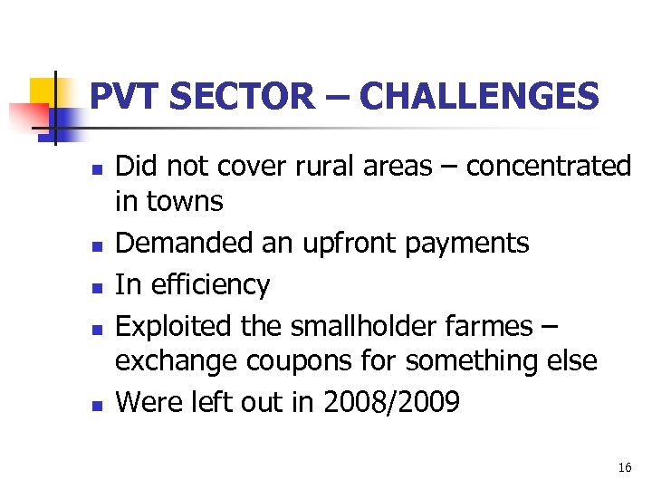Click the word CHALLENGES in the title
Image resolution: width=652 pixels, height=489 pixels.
click(479, 96)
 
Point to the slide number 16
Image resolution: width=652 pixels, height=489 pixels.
click(624, 467)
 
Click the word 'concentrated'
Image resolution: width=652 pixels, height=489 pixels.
click(548, 166)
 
